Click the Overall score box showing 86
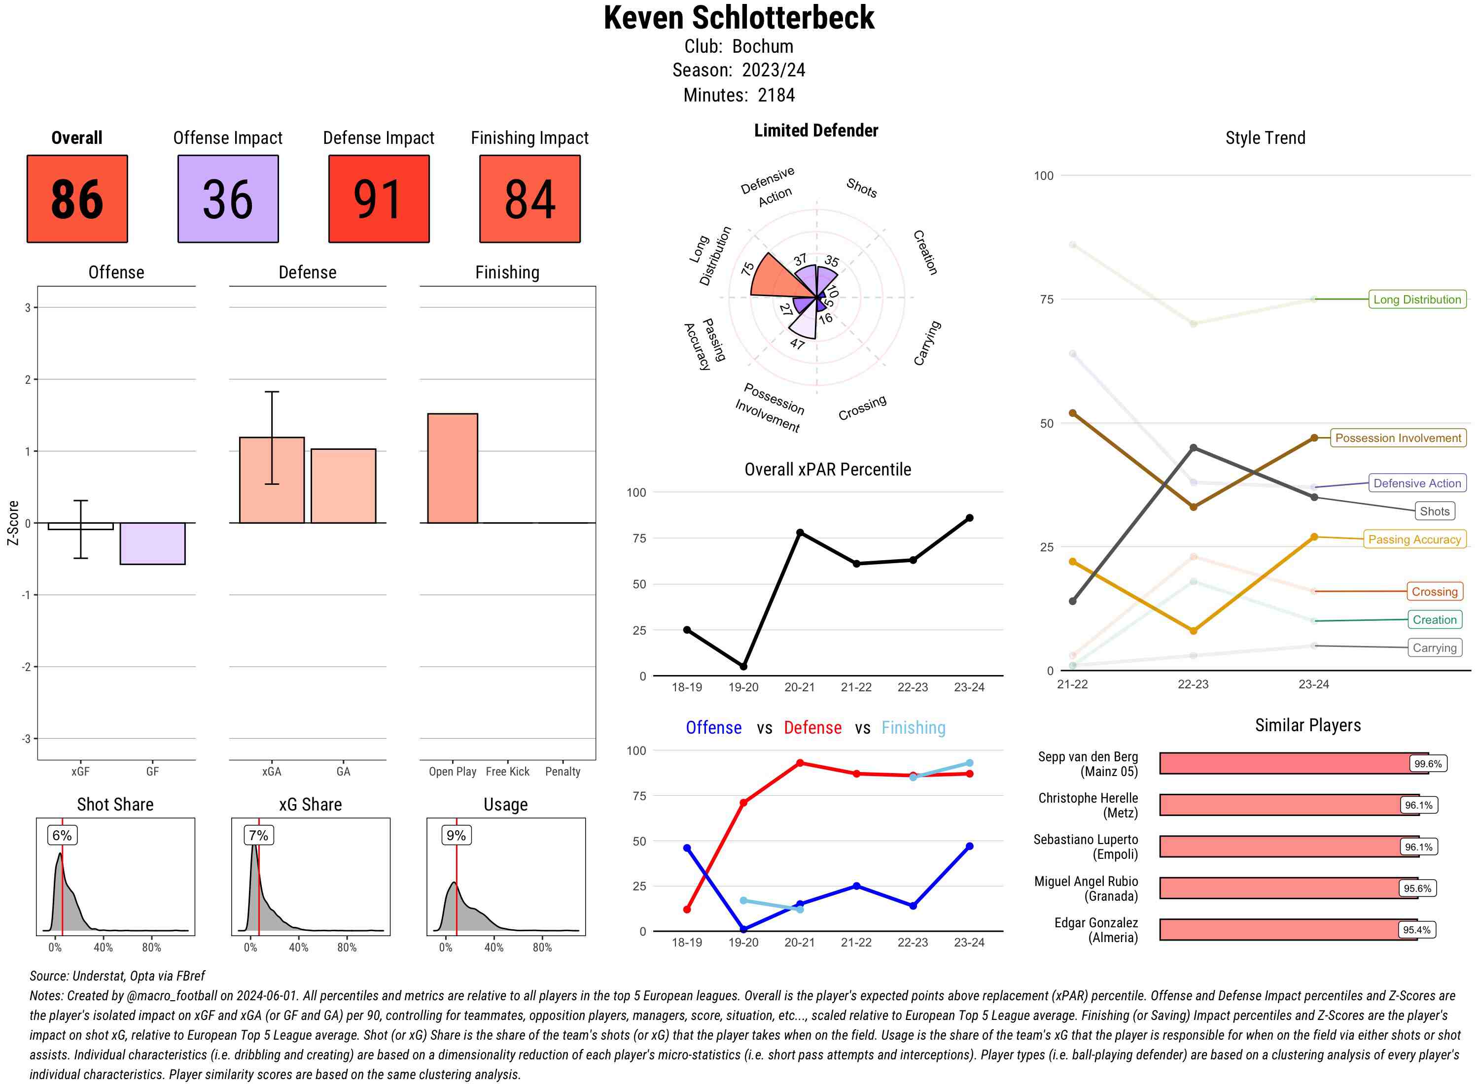(x=77, y=199)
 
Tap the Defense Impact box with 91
(x=379, y=199)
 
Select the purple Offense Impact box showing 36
(x=228, y=199)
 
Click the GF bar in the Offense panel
(x=152, y=543)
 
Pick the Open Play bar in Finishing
(x=452, y=468)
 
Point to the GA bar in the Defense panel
(x=343, y=485)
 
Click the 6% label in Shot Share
(x=62, y=835)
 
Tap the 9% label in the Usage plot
(x=456, y=835)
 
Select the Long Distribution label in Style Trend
(x=1417, y=299)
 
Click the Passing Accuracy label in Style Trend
(x=1414, y=540)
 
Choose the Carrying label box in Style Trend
(x=1434, y=647)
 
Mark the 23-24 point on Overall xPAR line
(x=969, y=518)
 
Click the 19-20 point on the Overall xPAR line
(x=743, y=667)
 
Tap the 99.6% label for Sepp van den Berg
(x=1428, y=764)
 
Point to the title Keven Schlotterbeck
(x=739, y=18)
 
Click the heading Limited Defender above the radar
(x=816, y=131)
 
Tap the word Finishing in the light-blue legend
(x=913, y=728)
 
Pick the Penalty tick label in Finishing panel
(x=563, y=772)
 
